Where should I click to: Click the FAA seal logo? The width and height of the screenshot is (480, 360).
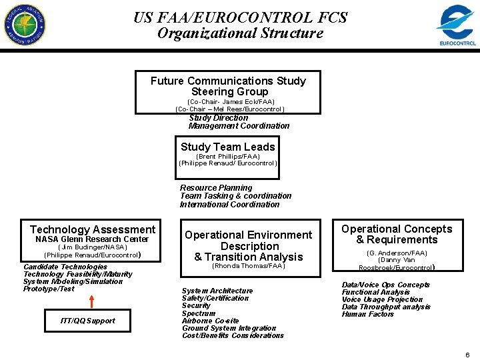25,24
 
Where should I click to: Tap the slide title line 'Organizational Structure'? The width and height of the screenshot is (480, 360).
240,33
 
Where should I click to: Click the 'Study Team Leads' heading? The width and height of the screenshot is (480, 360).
227,147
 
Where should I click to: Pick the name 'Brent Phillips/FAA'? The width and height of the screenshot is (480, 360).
228,157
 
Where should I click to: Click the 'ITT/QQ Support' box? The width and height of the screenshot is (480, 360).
87,321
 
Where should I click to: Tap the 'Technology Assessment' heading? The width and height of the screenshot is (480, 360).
93,229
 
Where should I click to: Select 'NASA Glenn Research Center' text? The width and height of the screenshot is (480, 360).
92,239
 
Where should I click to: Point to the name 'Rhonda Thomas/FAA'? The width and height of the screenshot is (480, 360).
248,266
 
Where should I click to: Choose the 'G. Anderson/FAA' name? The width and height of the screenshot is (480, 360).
397,253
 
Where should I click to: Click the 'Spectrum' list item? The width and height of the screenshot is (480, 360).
199,313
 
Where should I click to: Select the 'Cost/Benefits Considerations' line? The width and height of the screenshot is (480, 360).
233,335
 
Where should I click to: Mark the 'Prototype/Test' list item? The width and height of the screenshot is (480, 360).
49,289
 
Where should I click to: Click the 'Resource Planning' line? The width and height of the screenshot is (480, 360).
216,188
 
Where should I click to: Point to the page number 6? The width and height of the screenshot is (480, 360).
467,355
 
